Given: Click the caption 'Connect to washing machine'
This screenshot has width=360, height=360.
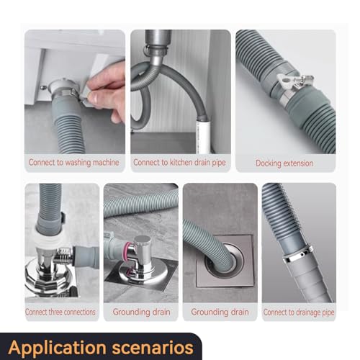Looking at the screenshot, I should click(73, 163).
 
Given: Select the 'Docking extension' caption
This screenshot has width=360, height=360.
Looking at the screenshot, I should click(284, 163).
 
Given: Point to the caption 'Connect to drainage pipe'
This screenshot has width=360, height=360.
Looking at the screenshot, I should click(298, 312).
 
